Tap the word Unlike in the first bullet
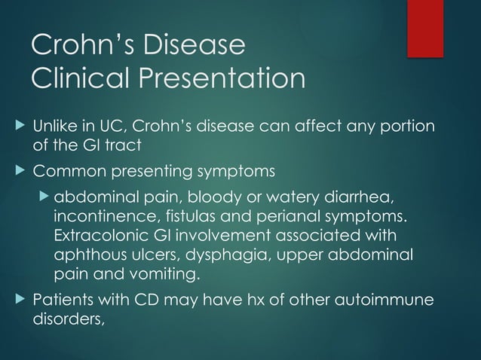(51, 125)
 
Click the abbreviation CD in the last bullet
(146, 301)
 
